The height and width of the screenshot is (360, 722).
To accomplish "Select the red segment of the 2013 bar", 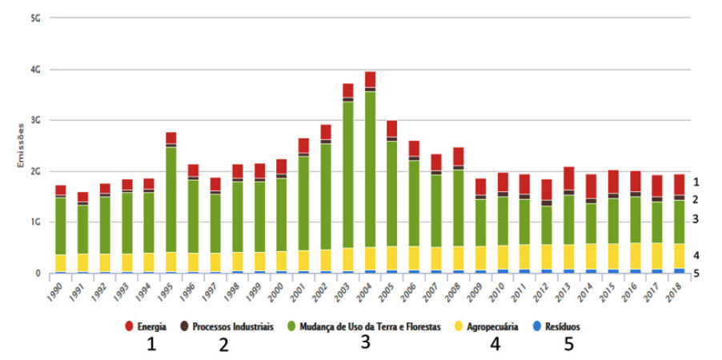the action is pyautogui.click(x=568, y=178).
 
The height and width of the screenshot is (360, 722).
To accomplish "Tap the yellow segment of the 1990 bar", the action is pyautogui.click(x=61, y=263).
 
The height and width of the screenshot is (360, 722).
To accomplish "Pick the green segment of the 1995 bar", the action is pyautogui.click(x=170, y=199).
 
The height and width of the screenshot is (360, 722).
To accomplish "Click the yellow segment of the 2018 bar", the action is pyautogui.click(x=680, y=256).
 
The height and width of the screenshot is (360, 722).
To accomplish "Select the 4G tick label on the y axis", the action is pyautogui.click(x=37, y=70).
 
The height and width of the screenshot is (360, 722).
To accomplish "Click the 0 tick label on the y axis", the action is pyautogui.click(x=39, y=274).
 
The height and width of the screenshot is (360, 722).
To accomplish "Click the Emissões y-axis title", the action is pyautogui.click(x=20, y=146).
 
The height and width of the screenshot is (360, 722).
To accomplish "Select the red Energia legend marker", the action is pyautogui.click(x=130, y=326).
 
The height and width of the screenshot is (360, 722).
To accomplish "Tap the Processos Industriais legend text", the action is pyautogui.click(x=233, y=327).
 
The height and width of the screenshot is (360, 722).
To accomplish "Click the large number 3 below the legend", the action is pyautogui.click(x=365, y=342).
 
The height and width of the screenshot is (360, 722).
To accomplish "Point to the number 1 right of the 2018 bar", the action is pyautogui.click(x=696, y=182).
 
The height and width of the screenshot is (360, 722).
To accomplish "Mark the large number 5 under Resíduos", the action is pyautogui.click(x=569, y=344).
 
